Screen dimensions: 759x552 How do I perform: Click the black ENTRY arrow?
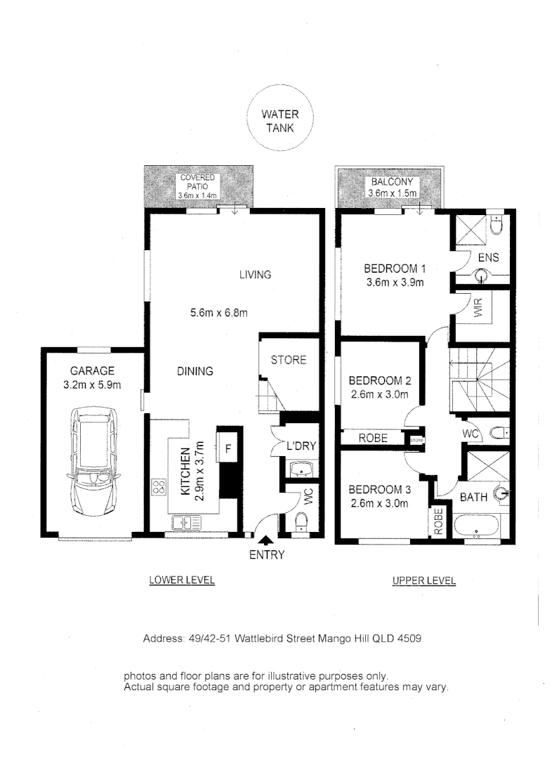(266, 540)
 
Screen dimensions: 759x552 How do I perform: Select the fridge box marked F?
(228, 446)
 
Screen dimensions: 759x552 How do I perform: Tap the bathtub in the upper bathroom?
(478, 527)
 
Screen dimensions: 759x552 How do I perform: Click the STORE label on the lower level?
(289, 360)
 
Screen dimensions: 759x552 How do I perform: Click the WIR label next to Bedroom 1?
(478, 310)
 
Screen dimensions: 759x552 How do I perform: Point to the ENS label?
(488, 258)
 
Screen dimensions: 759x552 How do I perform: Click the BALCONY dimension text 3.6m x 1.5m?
(393, 193)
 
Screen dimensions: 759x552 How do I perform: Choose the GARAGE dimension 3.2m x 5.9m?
(92, 384)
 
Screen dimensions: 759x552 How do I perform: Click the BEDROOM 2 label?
(380, 381)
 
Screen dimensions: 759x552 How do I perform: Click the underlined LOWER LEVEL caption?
(181, 580)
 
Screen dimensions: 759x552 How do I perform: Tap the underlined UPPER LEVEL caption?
(423, 581)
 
